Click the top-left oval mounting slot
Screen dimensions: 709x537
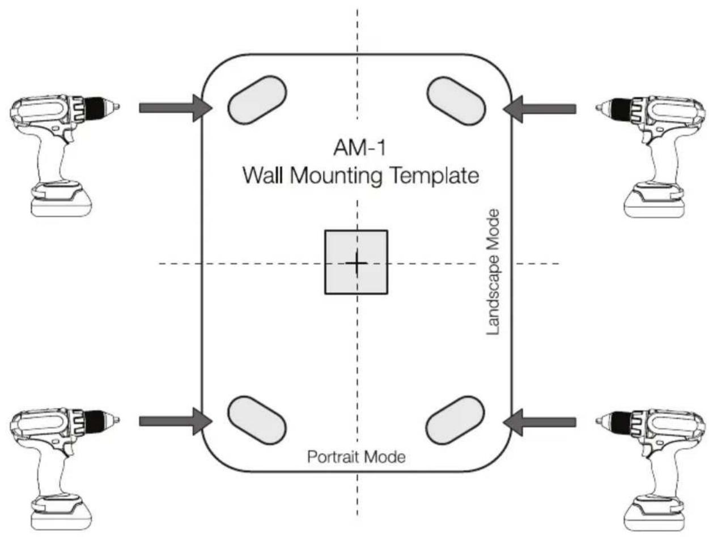point(257,100)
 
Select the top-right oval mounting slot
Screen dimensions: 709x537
point(456,101)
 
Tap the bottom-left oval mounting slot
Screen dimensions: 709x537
point(257,420)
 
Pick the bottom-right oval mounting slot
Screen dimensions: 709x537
point(456,420)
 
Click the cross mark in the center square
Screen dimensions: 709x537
point(356,263)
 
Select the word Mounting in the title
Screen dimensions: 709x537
point(336,176)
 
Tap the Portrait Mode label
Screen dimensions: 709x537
point(356,457)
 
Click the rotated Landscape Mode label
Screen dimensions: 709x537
point(493,272)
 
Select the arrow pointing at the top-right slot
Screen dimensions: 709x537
point(540,109)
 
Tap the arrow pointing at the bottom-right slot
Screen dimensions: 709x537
point(540,422)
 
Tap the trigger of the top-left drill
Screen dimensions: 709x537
point(67,135)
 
